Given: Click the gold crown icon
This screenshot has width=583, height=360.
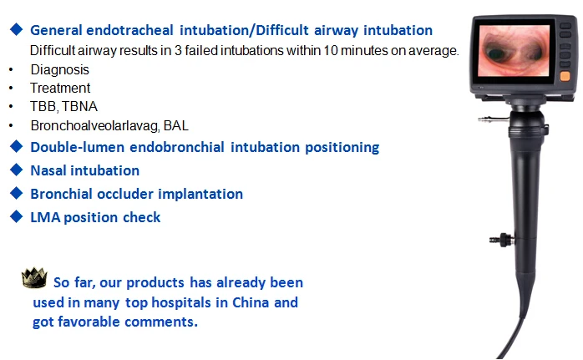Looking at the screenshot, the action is [x=34, y=278].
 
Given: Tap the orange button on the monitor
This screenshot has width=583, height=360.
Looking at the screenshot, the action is [x=565, y=76].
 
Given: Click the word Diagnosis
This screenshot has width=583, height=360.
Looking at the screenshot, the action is [x=60, y=69].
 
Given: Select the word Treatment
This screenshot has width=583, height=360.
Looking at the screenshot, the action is [x=60, y=89].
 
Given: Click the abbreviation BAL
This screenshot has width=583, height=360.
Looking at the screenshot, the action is [x=176, y=125].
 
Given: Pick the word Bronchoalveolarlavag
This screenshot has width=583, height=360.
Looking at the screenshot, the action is [x=95, y=125].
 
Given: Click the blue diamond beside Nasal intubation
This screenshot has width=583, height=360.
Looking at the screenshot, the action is [x=17, y=170].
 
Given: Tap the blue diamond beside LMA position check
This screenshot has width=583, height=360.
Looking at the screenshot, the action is [x=17, y=216].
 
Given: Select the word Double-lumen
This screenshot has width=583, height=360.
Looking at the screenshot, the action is [x=78, y=147].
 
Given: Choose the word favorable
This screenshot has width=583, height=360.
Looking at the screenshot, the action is [x=89, y=322].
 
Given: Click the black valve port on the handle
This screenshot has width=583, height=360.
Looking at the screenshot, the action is [x=502, y=240].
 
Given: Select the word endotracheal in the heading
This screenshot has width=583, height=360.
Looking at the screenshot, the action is [x=129, y=31].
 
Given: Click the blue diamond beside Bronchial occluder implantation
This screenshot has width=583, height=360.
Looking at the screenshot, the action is [x=17, y=193].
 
